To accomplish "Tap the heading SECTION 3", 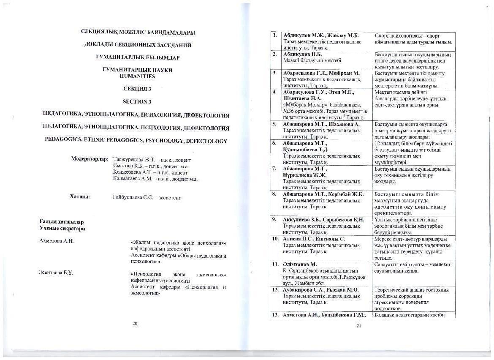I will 137,102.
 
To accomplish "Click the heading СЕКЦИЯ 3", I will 137,89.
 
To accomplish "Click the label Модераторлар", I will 90,159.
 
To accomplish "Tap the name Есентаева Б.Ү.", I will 56,273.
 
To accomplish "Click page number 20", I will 135,324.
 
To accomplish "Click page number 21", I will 359,325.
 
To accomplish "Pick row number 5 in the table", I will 274,124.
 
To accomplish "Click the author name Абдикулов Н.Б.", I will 303,55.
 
